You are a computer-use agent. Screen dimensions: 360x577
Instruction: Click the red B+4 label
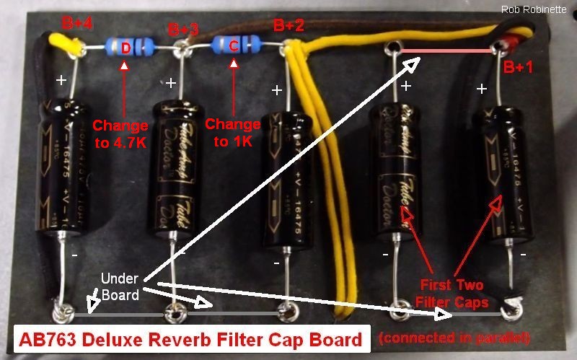click(x=77, y=24)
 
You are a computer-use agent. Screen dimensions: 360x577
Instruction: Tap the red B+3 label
click(x=183, y=30)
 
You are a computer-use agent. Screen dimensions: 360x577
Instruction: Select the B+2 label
click(x=288, y=26)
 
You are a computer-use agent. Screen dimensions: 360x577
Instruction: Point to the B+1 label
click(x=519, y=68)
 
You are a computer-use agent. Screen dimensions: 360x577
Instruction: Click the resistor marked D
click(x=126, y=48)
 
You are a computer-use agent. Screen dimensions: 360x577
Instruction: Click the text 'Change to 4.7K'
click(x=120, y=134)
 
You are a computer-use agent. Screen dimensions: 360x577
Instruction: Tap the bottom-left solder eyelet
click(x=61, y=315)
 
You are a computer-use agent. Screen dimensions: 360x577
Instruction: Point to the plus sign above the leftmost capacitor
click(x=62, y=80)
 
